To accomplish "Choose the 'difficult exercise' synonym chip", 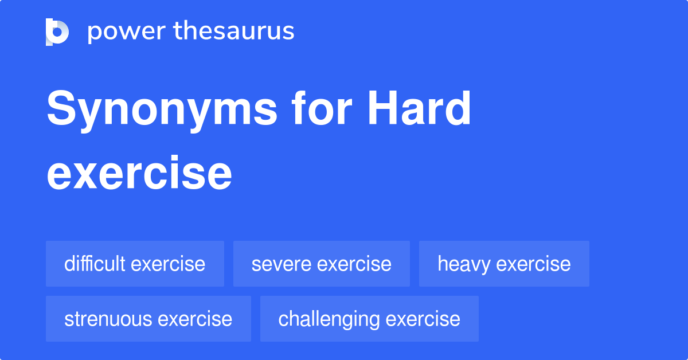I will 135,264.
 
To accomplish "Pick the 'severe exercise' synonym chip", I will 321,264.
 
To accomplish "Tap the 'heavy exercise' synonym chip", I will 504,264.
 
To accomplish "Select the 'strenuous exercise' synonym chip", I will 148,319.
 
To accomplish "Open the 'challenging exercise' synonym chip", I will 369,319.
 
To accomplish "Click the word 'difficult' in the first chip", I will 95,264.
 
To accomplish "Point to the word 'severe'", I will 281,264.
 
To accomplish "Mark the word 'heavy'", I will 464,264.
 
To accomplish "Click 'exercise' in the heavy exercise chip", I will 533,264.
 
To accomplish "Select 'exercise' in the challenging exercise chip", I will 423,319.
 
